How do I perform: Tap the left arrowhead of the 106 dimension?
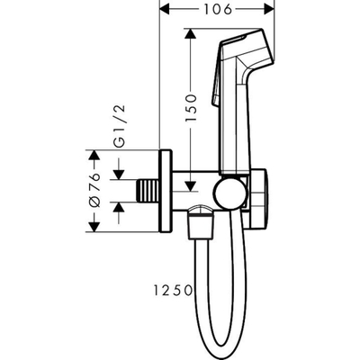pyautogui.click(x=164, y=11)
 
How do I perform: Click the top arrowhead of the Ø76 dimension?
pyautogui.click(x=93, y=153)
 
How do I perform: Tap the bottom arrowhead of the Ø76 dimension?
pyautogui.click(x=93, y=226)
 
